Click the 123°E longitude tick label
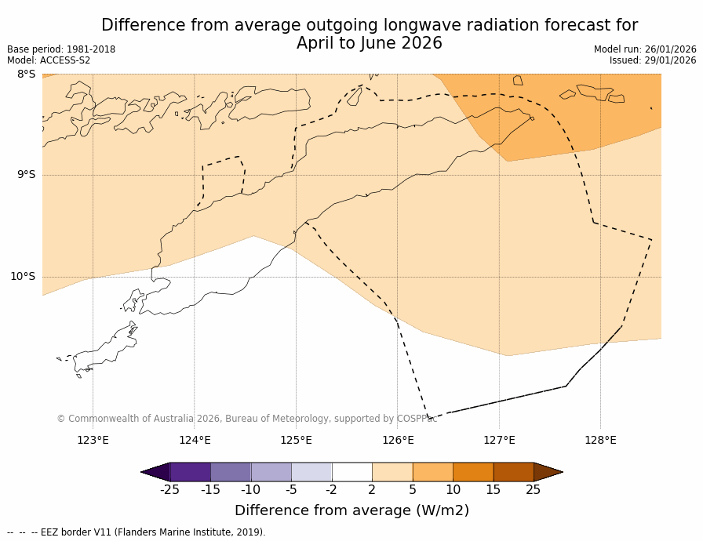tap(93, 440)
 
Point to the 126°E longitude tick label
tap(398, 440)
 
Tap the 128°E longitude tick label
tap(600, 440)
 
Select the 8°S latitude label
tap(26, 74)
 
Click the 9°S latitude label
tap(26, 175)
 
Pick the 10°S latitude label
tap(23, 276)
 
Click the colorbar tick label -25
tap(169, 490)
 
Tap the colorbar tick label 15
tap(493, 490)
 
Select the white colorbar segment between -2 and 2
tap(351, 472)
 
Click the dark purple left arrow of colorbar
tap(156, 472)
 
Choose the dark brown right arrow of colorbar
tap(548, 472)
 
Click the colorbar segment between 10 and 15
tap(473, 472)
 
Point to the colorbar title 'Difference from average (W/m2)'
tap(351, 510)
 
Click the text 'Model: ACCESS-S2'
tap(49, 60)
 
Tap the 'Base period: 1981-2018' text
tap(61, 49)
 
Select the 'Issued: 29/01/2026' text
tap(653, 60)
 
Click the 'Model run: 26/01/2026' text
tap(645, 49)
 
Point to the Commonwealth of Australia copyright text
tap(246, 419)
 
